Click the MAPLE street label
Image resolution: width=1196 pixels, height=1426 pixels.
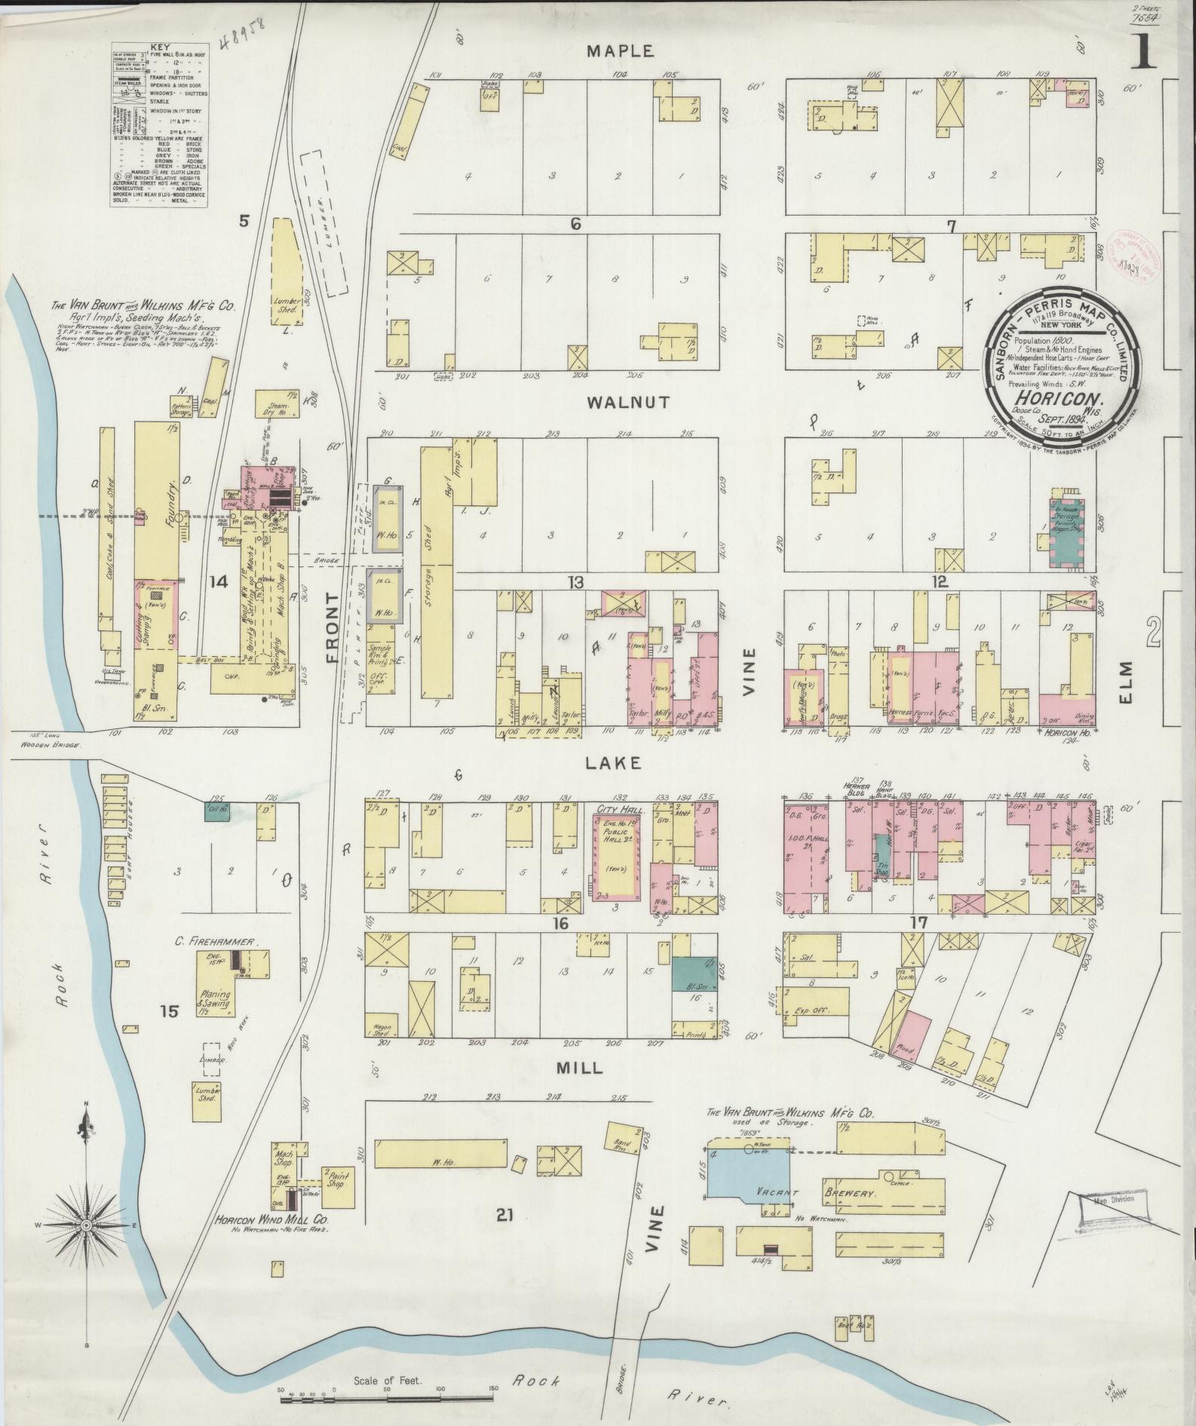click(619, 51)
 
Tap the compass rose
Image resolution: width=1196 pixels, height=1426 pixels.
click(85, 1227)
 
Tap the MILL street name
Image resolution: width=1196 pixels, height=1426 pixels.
click(578, 1068)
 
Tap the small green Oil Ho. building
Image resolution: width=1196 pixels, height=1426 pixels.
click(217, 811)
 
